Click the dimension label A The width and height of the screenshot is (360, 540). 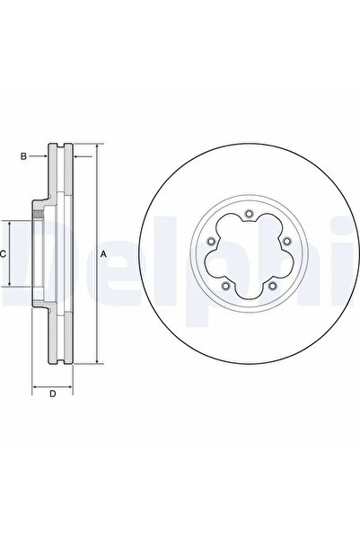[103, 254]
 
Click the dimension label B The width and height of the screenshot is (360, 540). [23, 156]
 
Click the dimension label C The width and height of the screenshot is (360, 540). [3, 254]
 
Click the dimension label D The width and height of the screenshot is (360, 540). [53, 394]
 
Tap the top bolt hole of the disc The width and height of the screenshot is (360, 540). [249, 214]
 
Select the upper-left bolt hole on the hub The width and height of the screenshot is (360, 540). [211, 242]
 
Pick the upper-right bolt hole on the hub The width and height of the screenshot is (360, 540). [286, 242]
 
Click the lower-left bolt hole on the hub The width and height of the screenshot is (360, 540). [225, 286]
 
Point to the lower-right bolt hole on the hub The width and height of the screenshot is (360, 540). [272, 286]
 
